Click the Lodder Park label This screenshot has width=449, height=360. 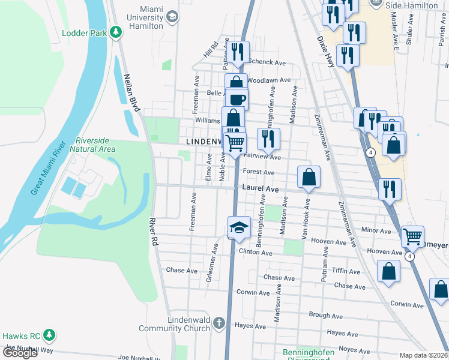[83, 33]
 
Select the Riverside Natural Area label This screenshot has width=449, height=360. [92, 144]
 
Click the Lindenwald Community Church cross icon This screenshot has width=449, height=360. [219, 323]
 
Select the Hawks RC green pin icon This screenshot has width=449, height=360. [50, 336]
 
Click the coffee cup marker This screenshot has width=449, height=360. [237, 100]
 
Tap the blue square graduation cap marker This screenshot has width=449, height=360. [238, 227]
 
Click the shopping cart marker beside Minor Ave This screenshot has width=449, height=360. [412, 237]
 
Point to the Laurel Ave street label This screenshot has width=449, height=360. [261, 188]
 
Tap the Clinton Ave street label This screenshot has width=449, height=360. [255, 253]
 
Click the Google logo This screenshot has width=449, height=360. [20, 353]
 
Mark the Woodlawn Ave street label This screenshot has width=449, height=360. [269, 80]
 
